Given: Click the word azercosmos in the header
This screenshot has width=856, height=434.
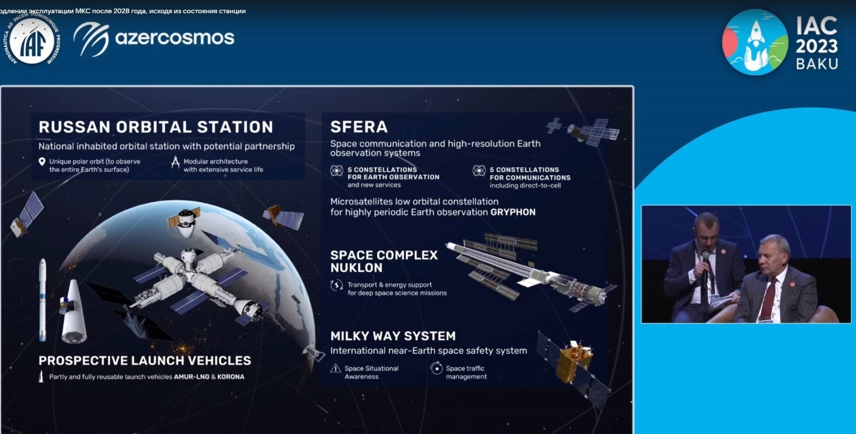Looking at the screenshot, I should coord(174,38).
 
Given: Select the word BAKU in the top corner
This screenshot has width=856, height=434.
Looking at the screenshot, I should coord(816,64).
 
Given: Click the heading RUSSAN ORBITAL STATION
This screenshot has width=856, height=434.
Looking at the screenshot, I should coord(155,127).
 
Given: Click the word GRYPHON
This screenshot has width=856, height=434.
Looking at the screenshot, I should coord(513,212).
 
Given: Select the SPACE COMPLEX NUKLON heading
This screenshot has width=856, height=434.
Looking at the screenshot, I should coord(384,261).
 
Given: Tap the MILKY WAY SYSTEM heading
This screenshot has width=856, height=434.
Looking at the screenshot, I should coord(393,336).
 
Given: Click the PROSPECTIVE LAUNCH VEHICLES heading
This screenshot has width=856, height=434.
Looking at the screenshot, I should coord(145,360).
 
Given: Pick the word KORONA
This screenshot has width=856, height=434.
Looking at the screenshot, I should coord(231,377).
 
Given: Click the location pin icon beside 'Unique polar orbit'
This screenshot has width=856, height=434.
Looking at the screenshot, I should coord(41,162).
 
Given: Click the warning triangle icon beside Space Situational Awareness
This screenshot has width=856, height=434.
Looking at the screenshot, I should coord(335,368).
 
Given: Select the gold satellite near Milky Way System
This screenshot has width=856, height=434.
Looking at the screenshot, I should coord(574,363).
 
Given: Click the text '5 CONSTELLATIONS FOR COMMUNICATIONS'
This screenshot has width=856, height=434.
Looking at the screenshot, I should coord(529,173).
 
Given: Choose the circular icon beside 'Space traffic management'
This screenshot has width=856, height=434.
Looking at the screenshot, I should coord(436,368).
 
